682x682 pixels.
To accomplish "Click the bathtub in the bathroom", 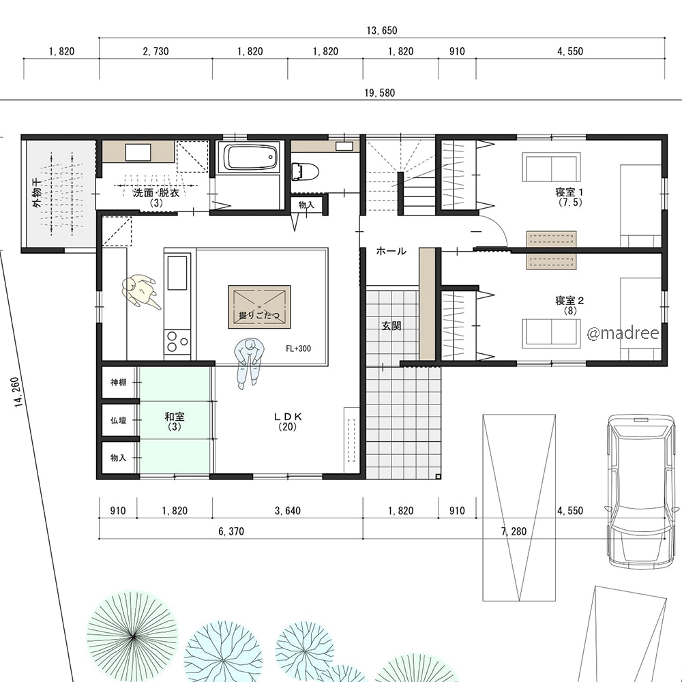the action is tap(250, 158).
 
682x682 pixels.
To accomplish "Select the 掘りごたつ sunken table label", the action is tap(259, 315).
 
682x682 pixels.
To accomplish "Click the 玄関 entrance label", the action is tap(391, 326).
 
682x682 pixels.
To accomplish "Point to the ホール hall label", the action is tap(391, 251).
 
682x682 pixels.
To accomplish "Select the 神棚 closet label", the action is tap(118, 383).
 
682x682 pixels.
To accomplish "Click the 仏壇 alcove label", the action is tap(118, 420).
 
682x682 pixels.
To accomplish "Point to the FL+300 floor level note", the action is tap(299, 349).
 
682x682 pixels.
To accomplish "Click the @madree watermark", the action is tap(623, 333).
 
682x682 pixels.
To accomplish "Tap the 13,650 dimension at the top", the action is tap(382, 31).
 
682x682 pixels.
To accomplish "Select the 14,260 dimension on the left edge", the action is tap(18, 392).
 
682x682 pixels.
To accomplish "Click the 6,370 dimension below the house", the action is tap(231, 531).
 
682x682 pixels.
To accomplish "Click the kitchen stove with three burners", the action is tap(177, 342).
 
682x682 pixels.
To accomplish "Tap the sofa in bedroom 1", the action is tap(552, 167).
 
